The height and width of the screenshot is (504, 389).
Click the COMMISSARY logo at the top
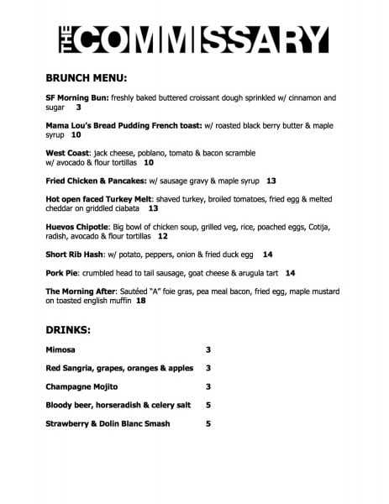pyautogui.click(x=194, y=39)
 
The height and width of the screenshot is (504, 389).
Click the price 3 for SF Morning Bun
pyautogui.click(x=79, y=108)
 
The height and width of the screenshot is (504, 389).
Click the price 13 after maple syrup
pyautogui.click(x=271, y=181)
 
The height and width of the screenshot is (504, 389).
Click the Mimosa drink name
pyautogui.click(x=64, y=349)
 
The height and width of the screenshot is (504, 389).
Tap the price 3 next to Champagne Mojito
pyautogui.click(x=208, y=386)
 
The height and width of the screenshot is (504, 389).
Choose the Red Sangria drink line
pyautogui.click(x=119, y=368)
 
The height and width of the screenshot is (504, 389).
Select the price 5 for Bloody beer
pyautogui.click(x=208, y=405)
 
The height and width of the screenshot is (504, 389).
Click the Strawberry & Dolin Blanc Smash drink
pyautogui.click(x=108, y=423)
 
